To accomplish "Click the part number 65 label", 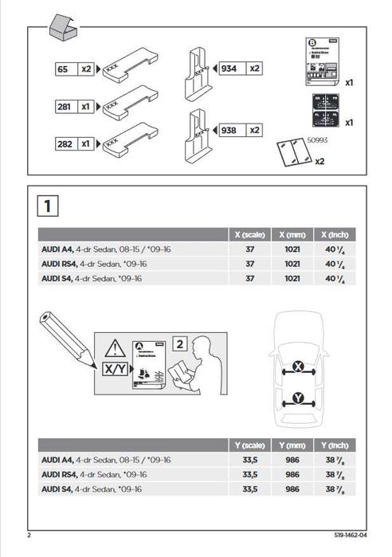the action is pyautogui.click(x=61, y=69).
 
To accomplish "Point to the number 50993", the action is pyautogui.click(x=318, y=138).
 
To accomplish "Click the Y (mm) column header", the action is pyautogui.click(x=292, y=445).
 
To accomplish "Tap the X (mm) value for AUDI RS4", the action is pyautogui.click(x=292, y=264).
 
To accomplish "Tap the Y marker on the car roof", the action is pyautogui.click(x=298, y=397).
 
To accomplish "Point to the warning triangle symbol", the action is pyautogui.click(x=115, y=347).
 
